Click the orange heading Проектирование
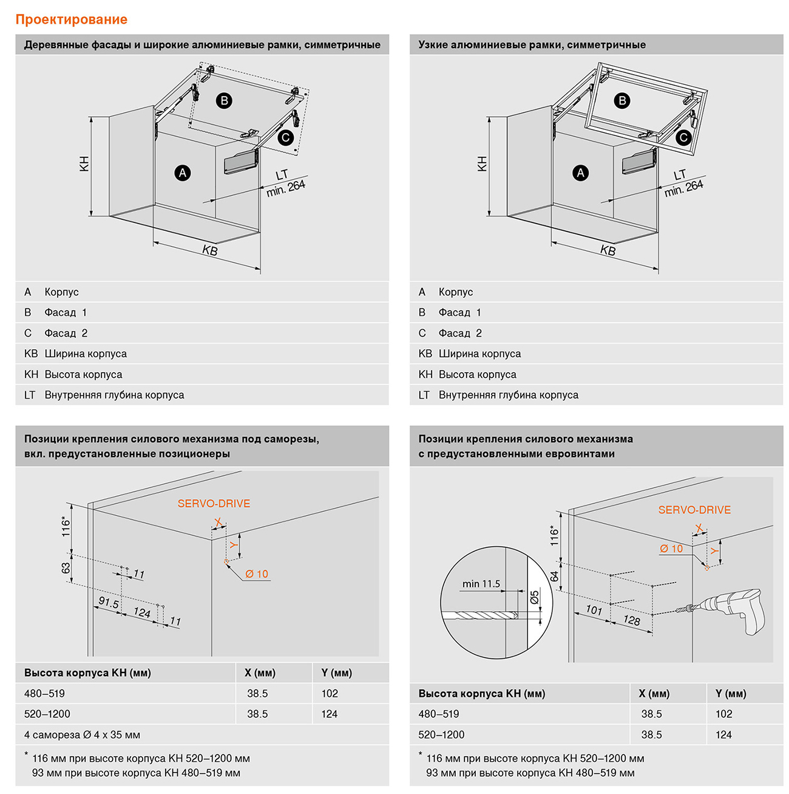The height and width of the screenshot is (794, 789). (71, 19)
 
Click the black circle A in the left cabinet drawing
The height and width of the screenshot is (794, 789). (183, 173)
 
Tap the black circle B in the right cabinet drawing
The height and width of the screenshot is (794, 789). (621, 101)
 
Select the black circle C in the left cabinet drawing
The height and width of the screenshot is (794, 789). (285, 138)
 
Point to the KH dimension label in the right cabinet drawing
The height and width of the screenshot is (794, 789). (483, 163)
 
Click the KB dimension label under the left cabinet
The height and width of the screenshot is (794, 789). (210, 250)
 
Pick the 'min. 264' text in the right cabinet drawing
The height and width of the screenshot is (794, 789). (684, 188)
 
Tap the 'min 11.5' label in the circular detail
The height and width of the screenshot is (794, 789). (481, 584)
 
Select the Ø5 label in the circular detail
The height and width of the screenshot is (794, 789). (534, 598)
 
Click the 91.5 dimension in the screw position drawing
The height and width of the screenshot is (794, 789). (109, 603)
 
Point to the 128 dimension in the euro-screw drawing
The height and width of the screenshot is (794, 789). (632, 620)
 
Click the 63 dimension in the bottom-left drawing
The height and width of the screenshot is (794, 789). (66, 568)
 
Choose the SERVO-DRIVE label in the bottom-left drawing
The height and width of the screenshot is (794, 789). (214, 504)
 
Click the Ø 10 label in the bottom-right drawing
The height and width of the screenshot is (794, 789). (671, 549)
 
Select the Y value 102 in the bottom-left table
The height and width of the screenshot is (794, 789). (330, 693)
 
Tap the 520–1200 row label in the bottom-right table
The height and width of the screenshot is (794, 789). (441, 734)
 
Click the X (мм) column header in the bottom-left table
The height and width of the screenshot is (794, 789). (260, 673)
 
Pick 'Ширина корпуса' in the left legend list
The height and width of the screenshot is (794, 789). (86, 354)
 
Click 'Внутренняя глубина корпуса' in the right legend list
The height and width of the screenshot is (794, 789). (508, 395)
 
